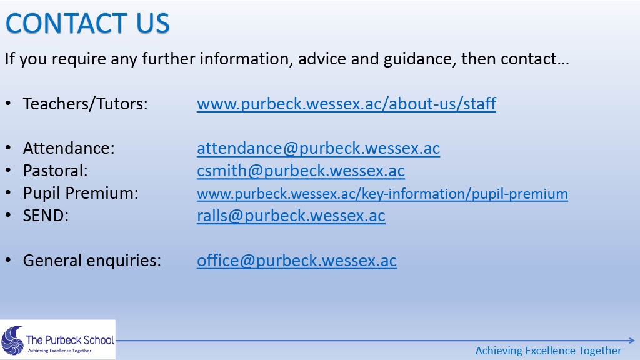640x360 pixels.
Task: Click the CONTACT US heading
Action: click(87, 23)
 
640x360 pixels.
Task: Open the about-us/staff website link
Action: click(346, 104)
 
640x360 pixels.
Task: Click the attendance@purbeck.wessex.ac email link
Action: click(318, 148)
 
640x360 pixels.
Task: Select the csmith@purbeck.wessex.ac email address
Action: click(301, 171)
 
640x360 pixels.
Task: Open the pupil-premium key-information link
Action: click(382, 194)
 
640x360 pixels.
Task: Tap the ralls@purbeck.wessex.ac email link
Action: click(291, 216)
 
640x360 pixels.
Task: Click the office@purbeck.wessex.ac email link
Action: click(297, 261)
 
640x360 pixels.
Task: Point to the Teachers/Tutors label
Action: click(85, 104)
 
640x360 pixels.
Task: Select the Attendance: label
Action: click(69, 148)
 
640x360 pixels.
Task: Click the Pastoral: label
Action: click(56, 171)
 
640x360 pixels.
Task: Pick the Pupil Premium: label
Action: click(81, 193)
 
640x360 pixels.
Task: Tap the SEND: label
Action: click(46, 216)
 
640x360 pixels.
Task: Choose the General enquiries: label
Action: click(92, 261)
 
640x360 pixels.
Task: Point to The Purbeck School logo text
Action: click(70, 339)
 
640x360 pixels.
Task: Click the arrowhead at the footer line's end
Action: click(632, 341)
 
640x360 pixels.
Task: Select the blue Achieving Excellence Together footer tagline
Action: click(548, 351)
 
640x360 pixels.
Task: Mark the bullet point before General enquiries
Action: click(9, 261)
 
